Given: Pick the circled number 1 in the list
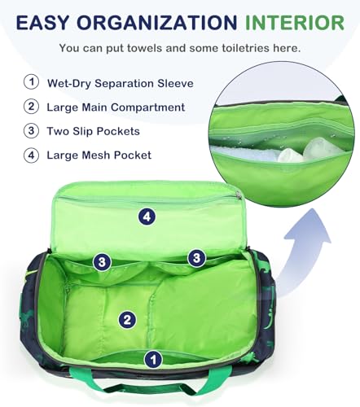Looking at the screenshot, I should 31,82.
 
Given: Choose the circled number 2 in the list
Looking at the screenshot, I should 31,107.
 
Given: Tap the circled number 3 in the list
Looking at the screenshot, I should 31,130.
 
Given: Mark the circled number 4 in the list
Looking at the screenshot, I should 31,155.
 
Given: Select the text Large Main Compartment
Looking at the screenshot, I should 117,107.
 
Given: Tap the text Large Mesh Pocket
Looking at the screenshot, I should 100,155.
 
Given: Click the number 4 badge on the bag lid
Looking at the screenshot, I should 146,217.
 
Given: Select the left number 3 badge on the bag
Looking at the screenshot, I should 102,261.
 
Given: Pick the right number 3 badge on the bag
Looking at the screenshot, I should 196,258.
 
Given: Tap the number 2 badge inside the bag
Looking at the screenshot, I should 126,320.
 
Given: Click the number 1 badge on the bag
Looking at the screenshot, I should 152,358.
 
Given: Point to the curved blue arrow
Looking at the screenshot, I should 301,244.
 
